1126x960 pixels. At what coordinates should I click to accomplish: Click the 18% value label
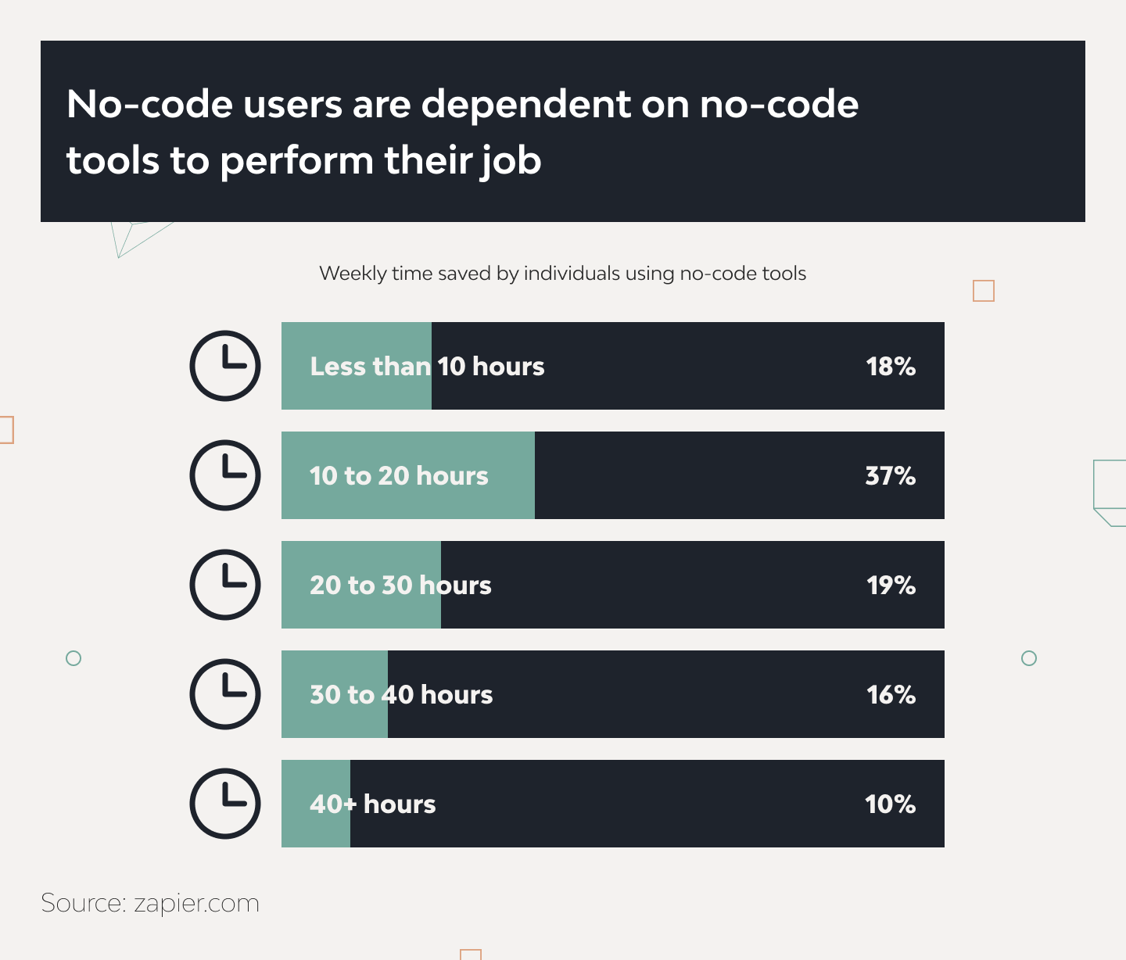tap(891, 367)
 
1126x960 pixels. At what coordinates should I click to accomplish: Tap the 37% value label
tap(891, 476)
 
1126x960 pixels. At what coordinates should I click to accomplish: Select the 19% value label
tap(891, 586)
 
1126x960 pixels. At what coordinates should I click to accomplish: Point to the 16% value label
tap(891, 695)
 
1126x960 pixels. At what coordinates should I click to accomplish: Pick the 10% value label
tap(891, 804)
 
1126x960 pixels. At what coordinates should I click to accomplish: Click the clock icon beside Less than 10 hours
tap(225, 366)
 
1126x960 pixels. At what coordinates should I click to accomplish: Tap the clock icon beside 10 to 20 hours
tap(225, 475)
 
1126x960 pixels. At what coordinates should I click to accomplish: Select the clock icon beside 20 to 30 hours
tap(225, 585)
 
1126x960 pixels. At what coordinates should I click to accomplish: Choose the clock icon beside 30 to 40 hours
tap(225, 694)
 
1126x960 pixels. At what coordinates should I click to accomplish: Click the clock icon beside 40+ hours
tap(225, 804)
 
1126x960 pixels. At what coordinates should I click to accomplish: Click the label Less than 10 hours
tap(427, 367)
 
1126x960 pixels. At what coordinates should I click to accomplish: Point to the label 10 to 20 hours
tap(399, 476)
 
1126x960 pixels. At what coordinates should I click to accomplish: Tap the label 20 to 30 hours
tap(400, 586)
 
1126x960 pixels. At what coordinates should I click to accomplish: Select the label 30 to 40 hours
tap(401, 695)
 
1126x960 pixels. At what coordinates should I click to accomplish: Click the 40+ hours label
tap(373, 804)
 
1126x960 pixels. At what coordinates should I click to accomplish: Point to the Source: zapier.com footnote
tap(150, 903)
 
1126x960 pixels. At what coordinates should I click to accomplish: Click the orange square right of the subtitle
tap(984, 291)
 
